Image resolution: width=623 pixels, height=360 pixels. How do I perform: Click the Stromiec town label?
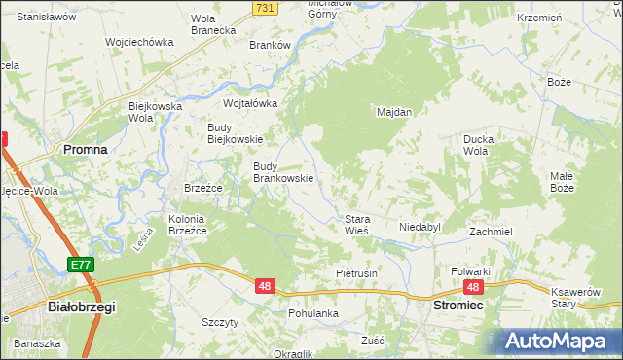coord(458,305)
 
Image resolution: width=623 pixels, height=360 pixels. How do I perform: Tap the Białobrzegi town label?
coord(81,306)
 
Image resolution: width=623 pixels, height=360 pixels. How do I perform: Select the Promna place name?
coord(85,149)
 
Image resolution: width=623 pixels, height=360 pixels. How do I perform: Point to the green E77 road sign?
coord(81,265)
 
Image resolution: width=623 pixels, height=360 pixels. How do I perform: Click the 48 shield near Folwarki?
coord(473,287)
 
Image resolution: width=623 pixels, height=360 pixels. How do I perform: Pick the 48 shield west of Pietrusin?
coord(265,286)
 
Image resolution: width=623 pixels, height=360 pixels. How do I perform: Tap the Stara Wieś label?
coord(355,226)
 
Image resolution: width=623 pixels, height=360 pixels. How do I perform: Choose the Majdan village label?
coord(394,112)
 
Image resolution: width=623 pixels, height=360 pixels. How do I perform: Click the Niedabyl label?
coord(420,227)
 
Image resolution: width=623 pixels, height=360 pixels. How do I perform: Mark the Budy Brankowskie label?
coord(282,172)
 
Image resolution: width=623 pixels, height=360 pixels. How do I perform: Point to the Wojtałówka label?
coord(250,103)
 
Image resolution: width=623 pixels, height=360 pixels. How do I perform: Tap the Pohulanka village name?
coord(312,314)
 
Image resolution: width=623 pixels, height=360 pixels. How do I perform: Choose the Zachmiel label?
coord(491,233)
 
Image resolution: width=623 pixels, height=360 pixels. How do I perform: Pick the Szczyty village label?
coord(220,322)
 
